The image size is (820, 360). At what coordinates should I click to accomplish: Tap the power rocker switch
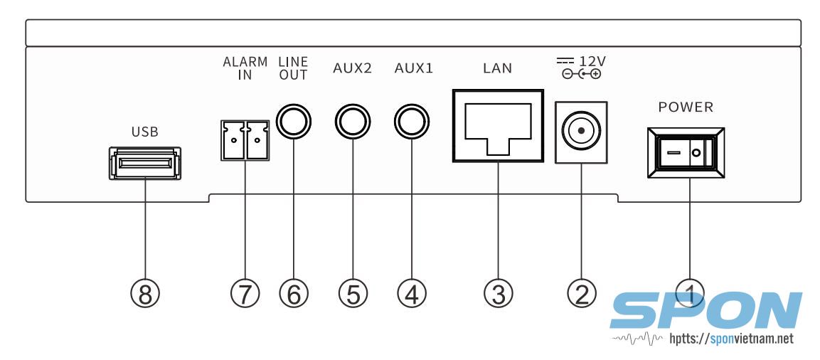tap(686, 153)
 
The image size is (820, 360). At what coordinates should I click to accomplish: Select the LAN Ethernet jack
tap(497, 125)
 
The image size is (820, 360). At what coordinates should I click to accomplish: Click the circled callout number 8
tap(145, 293)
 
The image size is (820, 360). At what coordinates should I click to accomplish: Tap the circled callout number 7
tap(244, 293)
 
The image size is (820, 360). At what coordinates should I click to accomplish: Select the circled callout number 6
tap(293, 293)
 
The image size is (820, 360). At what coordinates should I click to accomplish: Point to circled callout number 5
tap(351, 293)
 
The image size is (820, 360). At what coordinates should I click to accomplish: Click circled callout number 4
tap(410, 293)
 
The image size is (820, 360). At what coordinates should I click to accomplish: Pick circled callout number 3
tap(497, 293)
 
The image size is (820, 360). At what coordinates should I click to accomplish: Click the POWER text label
tap(686, 107)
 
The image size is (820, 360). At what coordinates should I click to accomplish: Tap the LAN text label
tap(497, 68)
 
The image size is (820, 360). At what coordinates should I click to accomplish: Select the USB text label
tap(144, 132)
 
